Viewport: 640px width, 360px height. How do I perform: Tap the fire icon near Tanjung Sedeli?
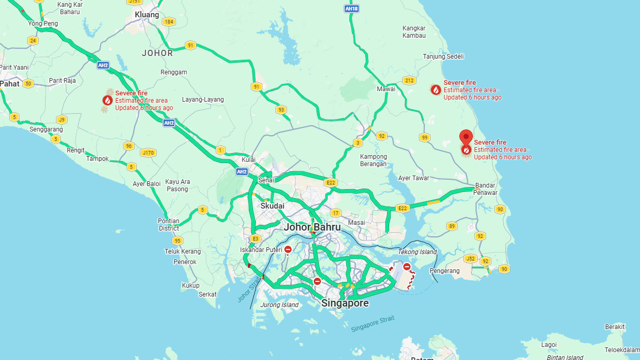436,90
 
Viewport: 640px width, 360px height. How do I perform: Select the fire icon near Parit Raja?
107,100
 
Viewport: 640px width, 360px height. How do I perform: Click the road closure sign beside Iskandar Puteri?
288,250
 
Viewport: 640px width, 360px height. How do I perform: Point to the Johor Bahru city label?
312,227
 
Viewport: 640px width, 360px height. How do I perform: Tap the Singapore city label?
345,303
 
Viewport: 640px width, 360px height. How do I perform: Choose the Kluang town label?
147,15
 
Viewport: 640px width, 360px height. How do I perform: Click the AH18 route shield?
351,9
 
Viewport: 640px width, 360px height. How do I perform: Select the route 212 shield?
410,80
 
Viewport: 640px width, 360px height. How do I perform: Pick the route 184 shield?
168,21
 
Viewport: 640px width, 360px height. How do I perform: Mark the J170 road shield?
148,153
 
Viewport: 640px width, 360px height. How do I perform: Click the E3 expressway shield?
256,238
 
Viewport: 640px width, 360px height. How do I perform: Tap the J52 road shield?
470,258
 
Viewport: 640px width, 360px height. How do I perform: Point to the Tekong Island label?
417,252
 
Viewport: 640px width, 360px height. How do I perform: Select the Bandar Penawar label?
486,189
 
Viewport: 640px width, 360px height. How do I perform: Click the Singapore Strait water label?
372,323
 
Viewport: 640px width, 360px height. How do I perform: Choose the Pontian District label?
169,225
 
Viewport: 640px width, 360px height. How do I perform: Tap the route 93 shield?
281,110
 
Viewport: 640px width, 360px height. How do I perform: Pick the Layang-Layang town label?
203,100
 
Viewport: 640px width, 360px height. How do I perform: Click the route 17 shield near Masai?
335,213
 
